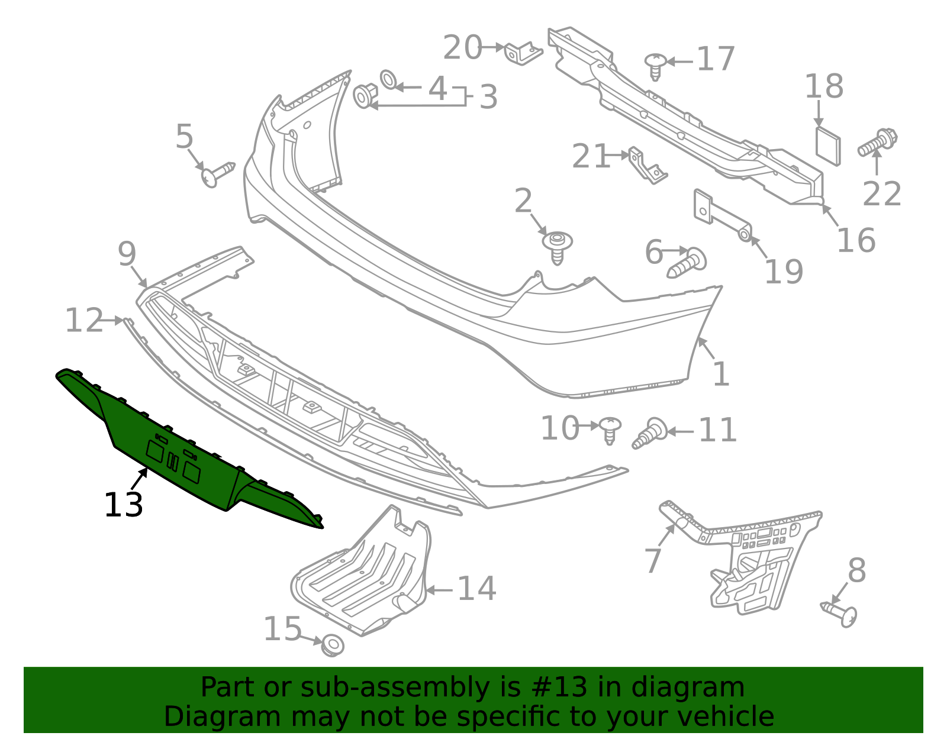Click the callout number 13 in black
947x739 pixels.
(x=124, y=506)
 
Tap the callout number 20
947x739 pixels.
(x=463, y=48)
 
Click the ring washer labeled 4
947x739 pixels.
(x=389, y=79)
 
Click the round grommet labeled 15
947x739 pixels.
(x=333, y=644)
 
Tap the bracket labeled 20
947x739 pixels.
(x=523, y=53)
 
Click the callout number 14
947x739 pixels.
(x=477, y=589)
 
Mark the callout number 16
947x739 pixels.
(x=856, y=240)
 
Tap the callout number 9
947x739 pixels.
(x=127, y=254)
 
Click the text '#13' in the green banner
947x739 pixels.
(x=555, y=688)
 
